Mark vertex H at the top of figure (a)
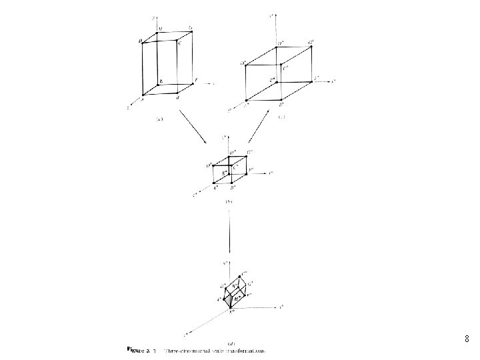click(158, 32)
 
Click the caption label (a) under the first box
click(159, 119)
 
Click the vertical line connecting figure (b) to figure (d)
click(229, 231)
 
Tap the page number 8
click(466, 339)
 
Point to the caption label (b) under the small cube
click(228, 201)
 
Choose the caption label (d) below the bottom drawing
click(230, 342)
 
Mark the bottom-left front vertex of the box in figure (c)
click(246, 100)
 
